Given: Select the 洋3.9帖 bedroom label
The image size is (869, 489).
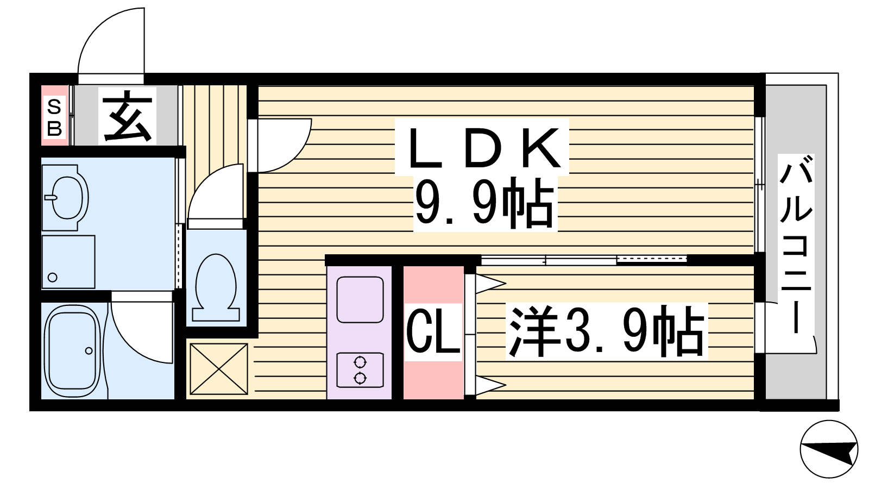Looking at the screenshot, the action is point(607,331).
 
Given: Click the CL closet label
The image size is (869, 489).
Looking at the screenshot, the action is point(433,332).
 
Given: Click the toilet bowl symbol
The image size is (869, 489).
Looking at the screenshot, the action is point(216,287).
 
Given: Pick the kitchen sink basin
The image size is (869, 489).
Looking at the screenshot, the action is point(360,299).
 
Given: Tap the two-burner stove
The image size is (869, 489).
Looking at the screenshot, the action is point(360,370).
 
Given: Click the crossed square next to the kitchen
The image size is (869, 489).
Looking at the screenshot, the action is point(219,369).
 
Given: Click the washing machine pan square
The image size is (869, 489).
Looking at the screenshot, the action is point(68,262).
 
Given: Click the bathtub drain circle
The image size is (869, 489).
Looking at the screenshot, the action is point(89,351).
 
